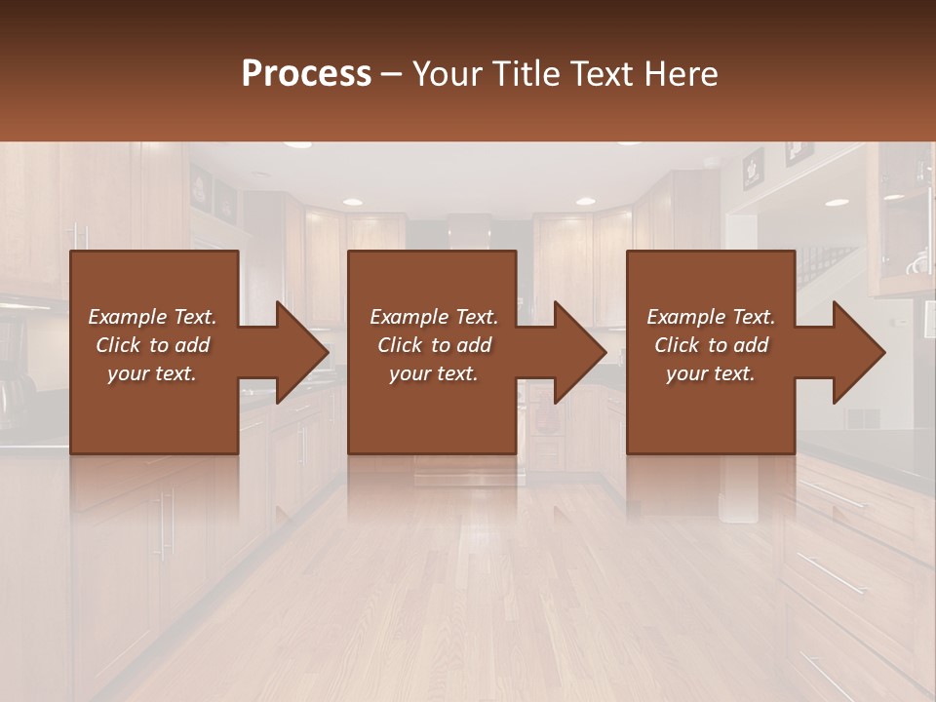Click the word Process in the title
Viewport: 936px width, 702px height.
coord(306,74)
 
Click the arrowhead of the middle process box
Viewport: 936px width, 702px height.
coord(581,352)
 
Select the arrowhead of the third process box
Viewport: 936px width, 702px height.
coord(860,352)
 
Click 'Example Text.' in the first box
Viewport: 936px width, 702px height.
coord(152,317)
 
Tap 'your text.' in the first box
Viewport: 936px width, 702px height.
coord(152,373)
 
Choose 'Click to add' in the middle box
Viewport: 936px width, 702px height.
coord(434,345)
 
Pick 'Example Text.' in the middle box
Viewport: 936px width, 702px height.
coord(434,317)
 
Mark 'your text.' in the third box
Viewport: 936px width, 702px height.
coord(711,373)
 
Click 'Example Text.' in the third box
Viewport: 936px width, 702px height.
coord(711,317)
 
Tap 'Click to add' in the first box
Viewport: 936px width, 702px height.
coord(152,345)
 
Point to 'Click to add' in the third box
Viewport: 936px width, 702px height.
coord(711,345)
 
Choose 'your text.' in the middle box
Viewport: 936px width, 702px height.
coord(434,373)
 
